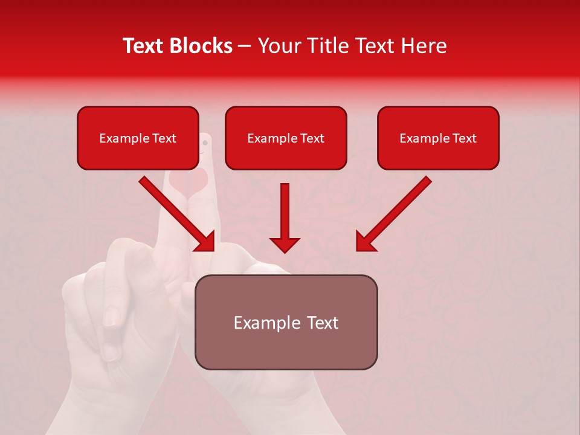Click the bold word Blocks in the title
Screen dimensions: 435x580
point(202,46)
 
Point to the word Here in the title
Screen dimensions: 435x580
point(424,46)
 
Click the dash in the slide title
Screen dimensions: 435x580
point(245,47)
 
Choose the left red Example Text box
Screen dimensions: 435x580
point(138,138)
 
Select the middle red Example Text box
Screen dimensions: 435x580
point(286,138)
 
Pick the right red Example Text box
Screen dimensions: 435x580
point(438,138)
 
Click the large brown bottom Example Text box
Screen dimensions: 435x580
point(286,322)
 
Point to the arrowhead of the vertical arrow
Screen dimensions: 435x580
point(285,245)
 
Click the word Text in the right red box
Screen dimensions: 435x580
point(464,138)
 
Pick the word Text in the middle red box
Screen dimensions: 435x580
point(312,138)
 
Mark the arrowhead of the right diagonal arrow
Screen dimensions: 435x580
point(364,243)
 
